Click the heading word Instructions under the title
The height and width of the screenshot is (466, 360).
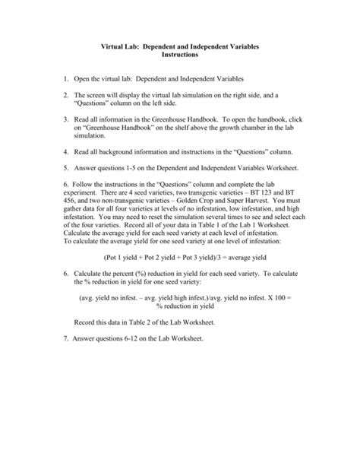click(179, 56)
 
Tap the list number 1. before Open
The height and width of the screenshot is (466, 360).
click(67, 78)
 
